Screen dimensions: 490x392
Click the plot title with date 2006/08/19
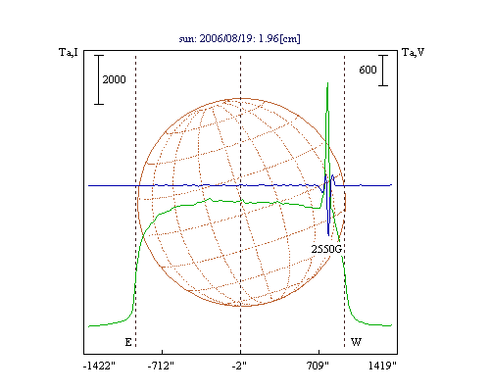tap(239, 38)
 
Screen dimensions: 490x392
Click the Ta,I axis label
tap(69, 52)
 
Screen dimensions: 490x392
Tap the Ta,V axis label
tap(414, 52)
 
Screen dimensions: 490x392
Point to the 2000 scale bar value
tap(114, 79)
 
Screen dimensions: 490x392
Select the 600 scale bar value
tap(367, 70)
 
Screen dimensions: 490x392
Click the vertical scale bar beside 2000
tap(99, 79)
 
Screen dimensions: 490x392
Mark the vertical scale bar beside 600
tap(383, 71)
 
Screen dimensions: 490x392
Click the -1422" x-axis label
tap(99, 366)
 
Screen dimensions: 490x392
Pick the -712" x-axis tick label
tap(161, 366)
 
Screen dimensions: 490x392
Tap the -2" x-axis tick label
tap(240, 366)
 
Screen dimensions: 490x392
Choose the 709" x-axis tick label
tap(318, 366)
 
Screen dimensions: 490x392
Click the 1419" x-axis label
tap(382, 366)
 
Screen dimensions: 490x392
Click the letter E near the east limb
tap(128, 342)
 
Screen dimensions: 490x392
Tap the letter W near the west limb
tap(356, 342)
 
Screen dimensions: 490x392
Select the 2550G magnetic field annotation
tap(326, 249)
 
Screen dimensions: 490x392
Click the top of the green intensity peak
tap(327, 83)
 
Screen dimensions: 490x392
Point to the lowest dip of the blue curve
tap(328, 235)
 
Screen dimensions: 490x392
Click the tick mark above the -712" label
tap(163, 352)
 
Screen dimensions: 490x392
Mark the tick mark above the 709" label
tap(318, 352)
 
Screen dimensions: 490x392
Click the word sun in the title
tap(187, 39)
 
